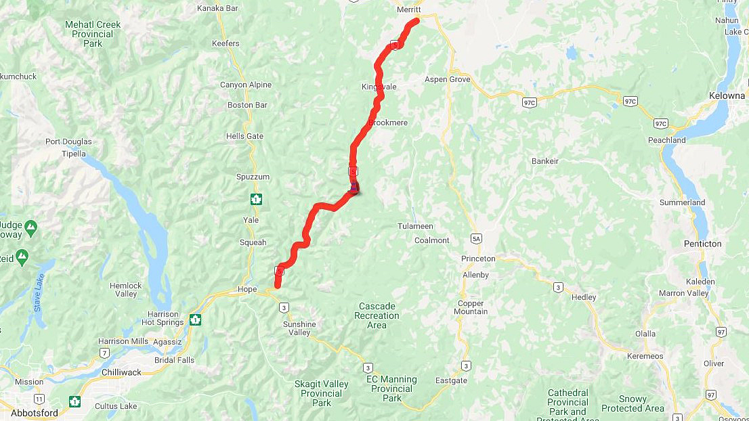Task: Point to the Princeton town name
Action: pyautogui.click(x=478, y=259)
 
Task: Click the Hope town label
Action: pyautogui.click(x=247, y=289)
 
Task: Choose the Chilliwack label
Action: pyautogui.click(x=121, y=372)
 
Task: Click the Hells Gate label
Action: pyautogui.click(x=244, y=136)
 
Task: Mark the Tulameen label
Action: pyautogui.click(x=415, y=226)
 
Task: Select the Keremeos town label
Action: pyautogui.click(x=644, y=356)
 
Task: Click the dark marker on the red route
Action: pyautogui.click(x=354, y=187)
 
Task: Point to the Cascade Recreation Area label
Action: pyautogui.click(x=377, y=315)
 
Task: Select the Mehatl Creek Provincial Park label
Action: pyautogui.click(x=93, y=34)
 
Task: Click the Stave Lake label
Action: pyautogui.click(x=39, y=293)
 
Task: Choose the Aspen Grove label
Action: pyautogui.click(x=447, y=79)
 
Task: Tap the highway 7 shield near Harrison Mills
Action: pyautogui.click(x=105, y=353)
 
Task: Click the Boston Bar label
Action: pyautogui.click(x=247, y=105)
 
